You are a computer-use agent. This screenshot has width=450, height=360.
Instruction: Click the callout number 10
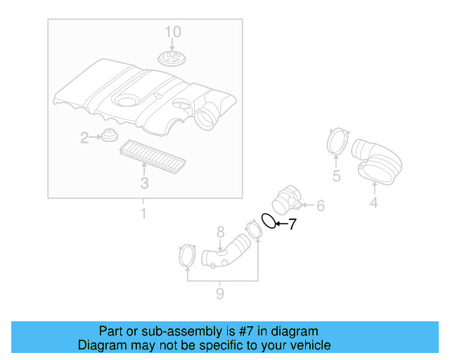pyautogui.click(x=173, y=32)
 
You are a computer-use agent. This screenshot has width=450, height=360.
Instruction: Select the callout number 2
pyautogui.click(x=84, y=138)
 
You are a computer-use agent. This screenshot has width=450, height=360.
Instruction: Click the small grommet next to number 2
pyautogui.click(x=108, y=135)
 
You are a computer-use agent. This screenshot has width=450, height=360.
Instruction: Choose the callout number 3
pyautogui.click(x=144, y=184)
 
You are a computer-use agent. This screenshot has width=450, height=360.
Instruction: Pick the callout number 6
pyautogui.click(x=320, y=206)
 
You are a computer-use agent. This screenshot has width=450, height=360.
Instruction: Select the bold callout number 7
pyautogui.click(x=292, y=225)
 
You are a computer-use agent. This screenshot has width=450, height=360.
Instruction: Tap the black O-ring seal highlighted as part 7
pyautogui.click(x=269, y=221)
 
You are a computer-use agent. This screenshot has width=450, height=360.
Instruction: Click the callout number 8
pyautogui.click(x=219, y=231)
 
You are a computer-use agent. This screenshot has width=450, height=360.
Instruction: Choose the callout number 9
pyautogui.click(x=219, y=293)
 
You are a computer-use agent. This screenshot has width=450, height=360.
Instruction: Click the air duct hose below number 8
pyautogui.click(x=226, y=255)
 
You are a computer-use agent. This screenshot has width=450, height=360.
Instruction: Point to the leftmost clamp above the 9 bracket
pyautogui.click(x=187, y=255)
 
